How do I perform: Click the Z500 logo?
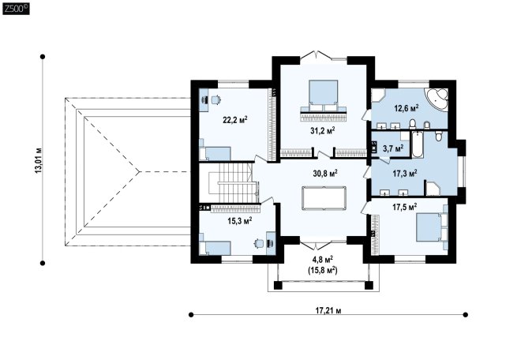point(16,8)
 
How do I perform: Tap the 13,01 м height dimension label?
point(39,160)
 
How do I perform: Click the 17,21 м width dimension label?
point(328,310)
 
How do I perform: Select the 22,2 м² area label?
point(235,119)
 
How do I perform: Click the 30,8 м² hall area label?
point(324,173)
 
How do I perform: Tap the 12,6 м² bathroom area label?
point(406,107)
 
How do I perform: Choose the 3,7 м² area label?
point(393,148)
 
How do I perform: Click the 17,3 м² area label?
point(405,173)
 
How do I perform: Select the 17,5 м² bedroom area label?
point(405,207)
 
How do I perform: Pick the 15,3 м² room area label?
point(240,220)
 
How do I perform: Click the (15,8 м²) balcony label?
point(323,270)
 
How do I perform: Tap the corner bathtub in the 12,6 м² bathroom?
point(437,99)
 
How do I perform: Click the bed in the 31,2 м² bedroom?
point(324,96)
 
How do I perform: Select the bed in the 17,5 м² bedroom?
point(432,227)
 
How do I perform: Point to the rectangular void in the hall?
point(324,198)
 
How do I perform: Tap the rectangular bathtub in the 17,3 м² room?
point(417,144)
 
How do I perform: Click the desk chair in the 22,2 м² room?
point(216,99)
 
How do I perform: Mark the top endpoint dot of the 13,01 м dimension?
point(43,57)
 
